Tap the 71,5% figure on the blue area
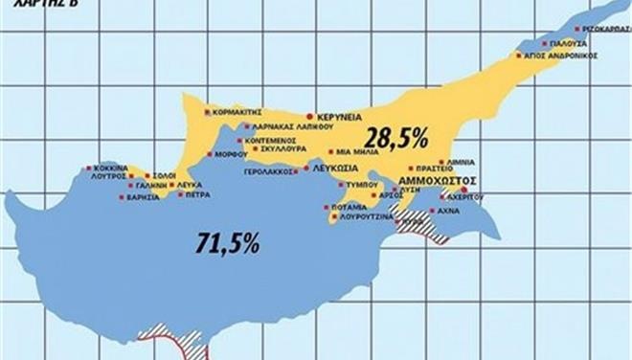coord(226,243)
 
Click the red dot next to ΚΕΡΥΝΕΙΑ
coord(309,116)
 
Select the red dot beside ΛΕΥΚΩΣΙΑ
coord(305,168)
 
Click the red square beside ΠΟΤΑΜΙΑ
coord(330,205)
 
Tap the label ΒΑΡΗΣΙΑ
coord(140,197)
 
